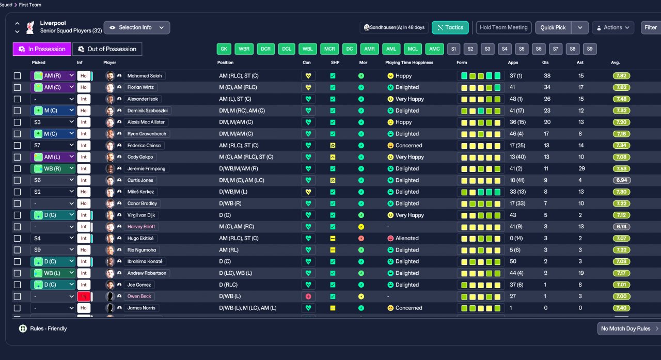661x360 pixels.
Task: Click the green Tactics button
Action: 450,27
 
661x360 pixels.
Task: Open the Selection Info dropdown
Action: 137,27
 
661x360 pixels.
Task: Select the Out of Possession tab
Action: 107,49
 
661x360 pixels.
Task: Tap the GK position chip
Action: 224,49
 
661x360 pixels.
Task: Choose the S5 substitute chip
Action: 522,49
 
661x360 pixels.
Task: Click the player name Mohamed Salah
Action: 145,76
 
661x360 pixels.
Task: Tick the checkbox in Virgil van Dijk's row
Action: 18,215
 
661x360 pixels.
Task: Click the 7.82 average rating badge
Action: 621,76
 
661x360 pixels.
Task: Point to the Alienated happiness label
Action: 407,238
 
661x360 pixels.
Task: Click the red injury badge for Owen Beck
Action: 84,296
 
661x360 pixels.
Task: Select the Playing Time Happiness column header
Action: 409,62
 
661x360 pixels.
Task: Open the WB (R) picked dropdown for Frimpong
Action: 53,168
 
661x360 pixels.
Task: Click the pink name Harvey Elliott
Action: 141,227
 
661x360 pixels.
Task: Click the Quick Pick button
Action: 553,27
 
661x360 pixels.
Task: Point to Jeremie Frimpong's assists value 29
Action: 581,168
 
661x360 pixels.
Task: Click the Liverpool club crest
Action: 30,27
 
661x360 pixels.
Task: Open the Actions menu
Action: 613,27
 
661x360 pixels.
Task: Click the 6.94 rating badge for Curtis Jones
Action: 621,180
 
